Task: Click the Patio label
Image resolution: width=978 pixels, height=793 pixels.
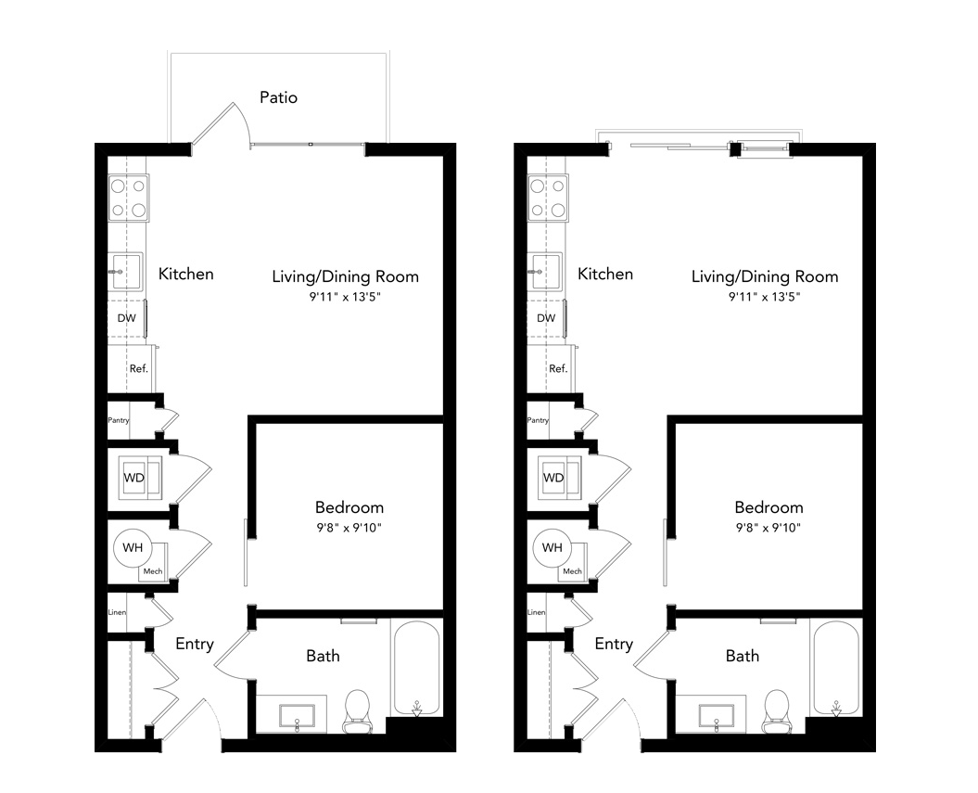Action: pyautogui.click(x=278, y=97)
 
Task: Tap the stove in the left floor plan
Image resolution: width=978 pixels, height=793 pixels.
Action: pyautogui.click(x=129, y=198)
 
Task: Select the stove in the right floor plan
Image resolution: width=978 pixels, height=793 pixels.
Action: pyautogui.click(x=548, y=198)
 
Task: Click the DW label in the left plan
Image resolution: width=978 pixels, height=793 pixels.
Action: pyautogui.click(x=127, y=318)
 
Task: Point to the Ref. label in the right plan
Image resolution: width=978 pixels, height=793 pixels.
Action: pyautogui.click(x=558, y=369)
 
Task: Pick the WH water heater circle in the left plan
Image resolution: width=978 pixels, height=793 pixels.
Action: pyautogui.click(x=133, y=548)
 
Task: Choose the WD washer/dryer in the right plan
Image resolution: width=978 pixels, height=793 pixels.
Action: pyautogui.click(x=561, y=478)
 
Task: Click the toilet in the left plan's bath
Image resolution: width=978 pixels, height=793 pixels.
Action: pyautogui.click(x=358, y=710)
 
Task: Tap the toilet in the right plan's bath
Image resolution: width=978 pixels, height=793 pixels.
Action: pyautogui.click(x=777, y=710)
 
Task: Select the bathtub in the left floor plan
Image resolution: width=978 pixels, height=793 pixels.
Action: pyautogui.click(x=416, y=668)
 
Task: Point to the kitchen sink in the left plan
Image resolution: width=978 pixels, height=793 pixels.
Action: pyautogui.click(x=127, y=271)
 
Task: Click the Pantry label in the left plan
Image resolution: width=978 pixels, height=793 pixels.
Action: pyautogui.click(x=119, y=420)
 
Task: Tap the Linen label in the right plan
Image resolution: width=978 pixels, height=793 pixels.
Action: pyautogui.click(x=537, y=612)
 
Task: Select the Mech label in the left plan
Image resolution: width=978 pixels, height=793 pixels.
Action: pyautogui.click(x=153, y=571)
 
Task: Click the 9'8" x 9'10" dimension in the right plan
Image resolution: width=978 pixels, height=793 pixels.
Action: pyautogui.click(x=768, y=528)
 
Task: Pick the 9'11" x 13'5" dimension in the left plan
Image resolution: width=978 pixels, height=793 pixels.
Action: pyautogui.click(x=345, y=297)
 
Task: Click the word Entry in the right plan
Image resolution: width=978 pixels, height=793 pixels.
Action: pyautogui.click(x=614, y=644)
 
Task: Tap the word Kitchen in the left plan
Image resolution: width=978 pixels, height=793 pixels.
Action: pyautogui.click(x=186, y=274)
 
